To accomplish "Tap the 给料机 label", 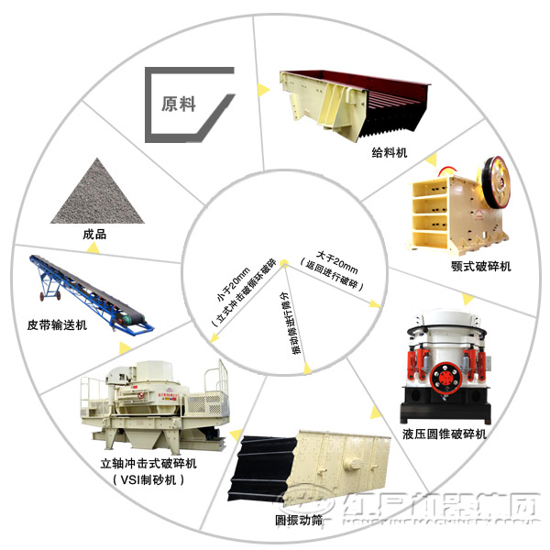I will [389, 151].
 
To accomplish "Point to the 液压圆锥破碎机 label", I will [444, 433].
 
